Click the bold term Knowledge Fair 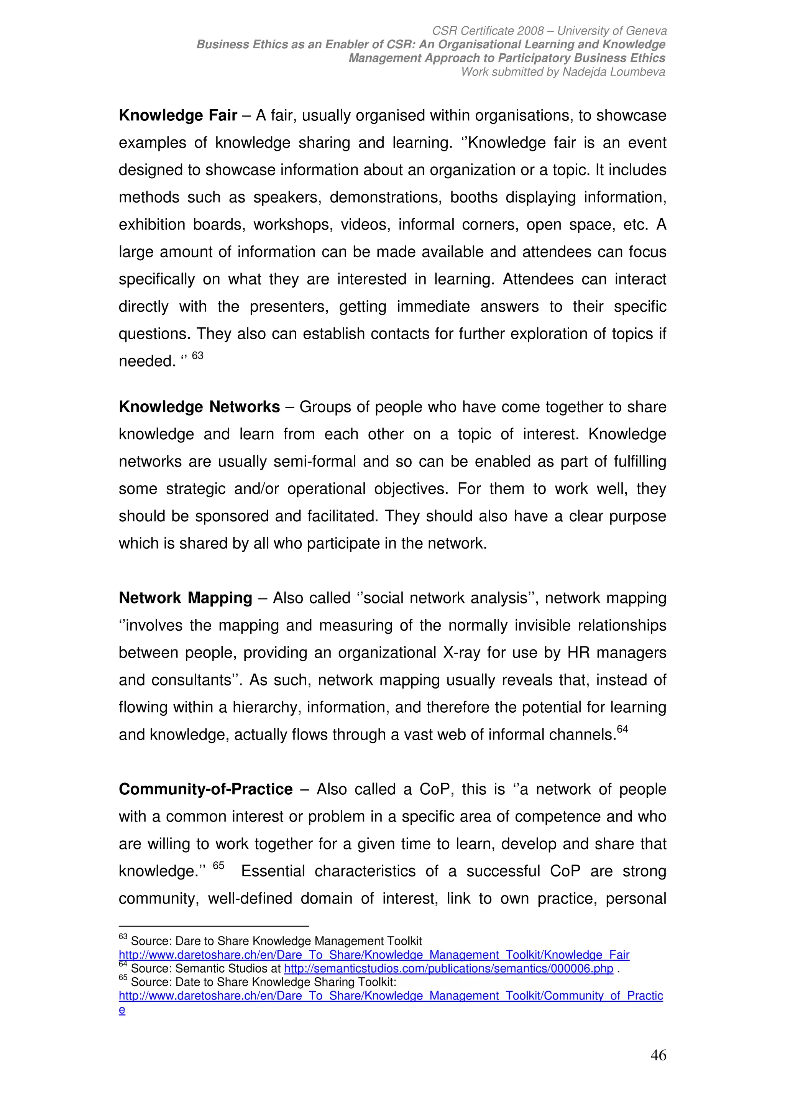178,116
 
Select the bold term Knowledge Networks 199,407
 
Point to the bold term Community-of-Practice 205,789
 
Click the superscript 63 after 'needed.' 197,356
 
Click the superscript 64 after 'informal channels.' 622,729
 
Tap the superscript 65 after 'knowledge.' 218,866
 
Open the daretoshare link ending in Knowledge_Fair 374,955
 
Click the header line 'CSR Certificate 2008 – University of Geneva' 549,31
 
